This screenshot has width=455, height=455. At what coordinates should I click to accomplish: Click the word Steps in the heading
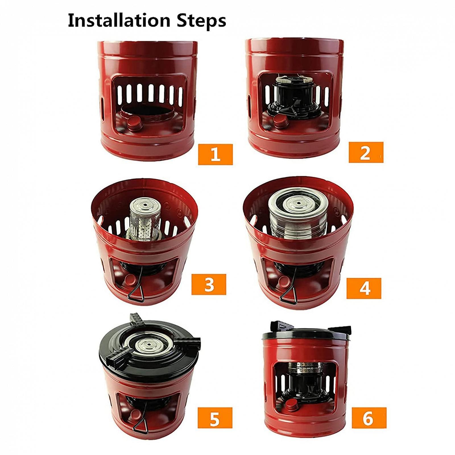202,21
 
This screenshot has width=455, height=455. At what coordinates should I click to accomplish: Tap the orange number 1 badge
215,154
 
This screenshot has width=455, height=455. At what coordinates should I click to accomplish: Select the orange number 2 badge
366,152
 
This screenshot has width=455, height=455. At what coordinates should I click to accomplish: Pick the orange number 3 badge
209,284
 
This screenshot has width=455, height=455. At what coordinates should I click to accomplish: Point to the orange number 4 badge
364,288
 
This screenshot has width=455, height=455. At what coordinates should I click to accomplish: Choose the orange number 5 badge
215,418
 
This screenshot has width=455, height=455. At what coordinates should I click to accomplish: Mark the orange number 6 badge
369,418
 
